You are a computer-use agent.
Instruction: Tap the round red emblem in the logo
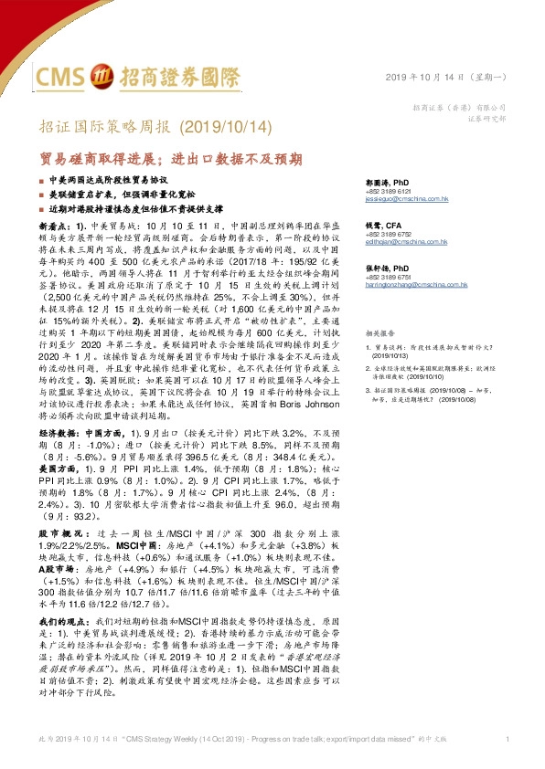coord(105,75)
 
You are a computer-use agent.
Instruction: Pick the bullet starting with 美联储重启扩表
coord(128,195)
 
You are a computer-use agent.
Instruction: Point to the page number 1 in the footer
coord(506,737)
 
